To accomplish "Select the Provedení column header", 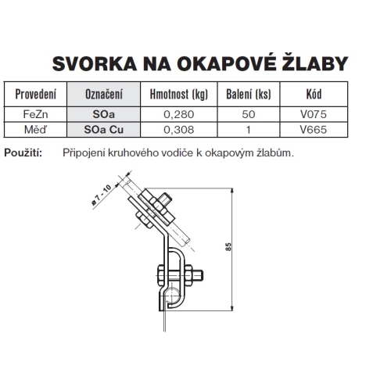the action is [36, 95].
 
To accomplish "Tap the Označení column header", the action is [103, 95].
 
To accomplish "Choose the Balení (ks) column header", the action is [248, 95].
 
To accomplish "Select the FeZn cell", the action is [36, 113].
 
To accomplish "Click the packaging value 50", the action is [248, 113].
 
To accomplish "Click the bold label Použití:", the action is [23, 152].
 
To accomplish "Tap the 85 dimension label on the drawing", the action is [228, 246].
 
